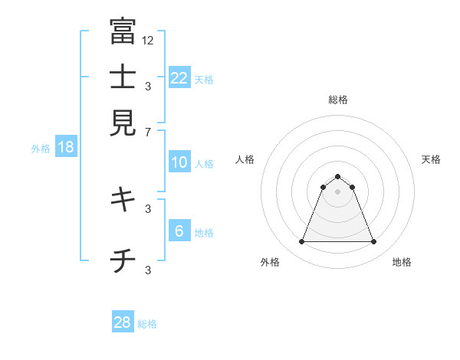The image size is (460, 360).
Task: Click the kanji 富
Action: pos(122,31)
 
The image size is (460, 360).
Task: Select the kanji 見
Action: pos(122,122)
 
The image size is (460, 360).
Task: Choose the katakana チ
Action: pos(122,261)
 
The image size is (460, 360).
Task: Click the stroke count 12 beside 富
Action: pos(147,40)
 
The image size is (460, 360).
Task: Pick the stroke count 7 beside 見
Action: pos(148,133)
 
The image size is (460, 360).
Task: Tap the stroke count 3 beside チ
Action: pos(148,270)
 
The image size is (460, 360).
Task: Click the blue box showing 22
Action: pos(179,77)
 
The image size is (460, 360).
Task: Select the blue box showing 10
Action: pos(179,162)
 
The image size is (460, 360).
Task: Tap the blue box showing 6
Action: pos(179,231)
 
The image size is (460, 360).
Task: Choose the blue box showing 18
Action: pos(66,147)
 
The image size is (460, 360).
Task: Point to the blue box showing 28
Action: pos(123,322)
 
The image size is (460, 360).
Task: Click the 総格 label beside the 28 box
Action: pos(148,324)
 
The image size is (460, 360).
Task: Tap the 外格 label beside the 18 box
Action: pos(41,149)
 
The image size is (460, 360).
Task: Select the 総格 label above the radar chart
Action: pos(338,100)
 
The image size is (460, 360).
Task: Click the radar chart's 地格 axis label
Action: pos(402,262)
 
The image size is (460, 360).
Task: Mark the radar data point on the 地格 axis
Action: pos(373,242)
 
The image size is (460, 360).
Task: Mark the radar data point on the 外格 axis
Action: pos(302,242)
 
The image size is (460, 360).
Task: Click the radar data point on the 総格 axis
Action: pos(338,177)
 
